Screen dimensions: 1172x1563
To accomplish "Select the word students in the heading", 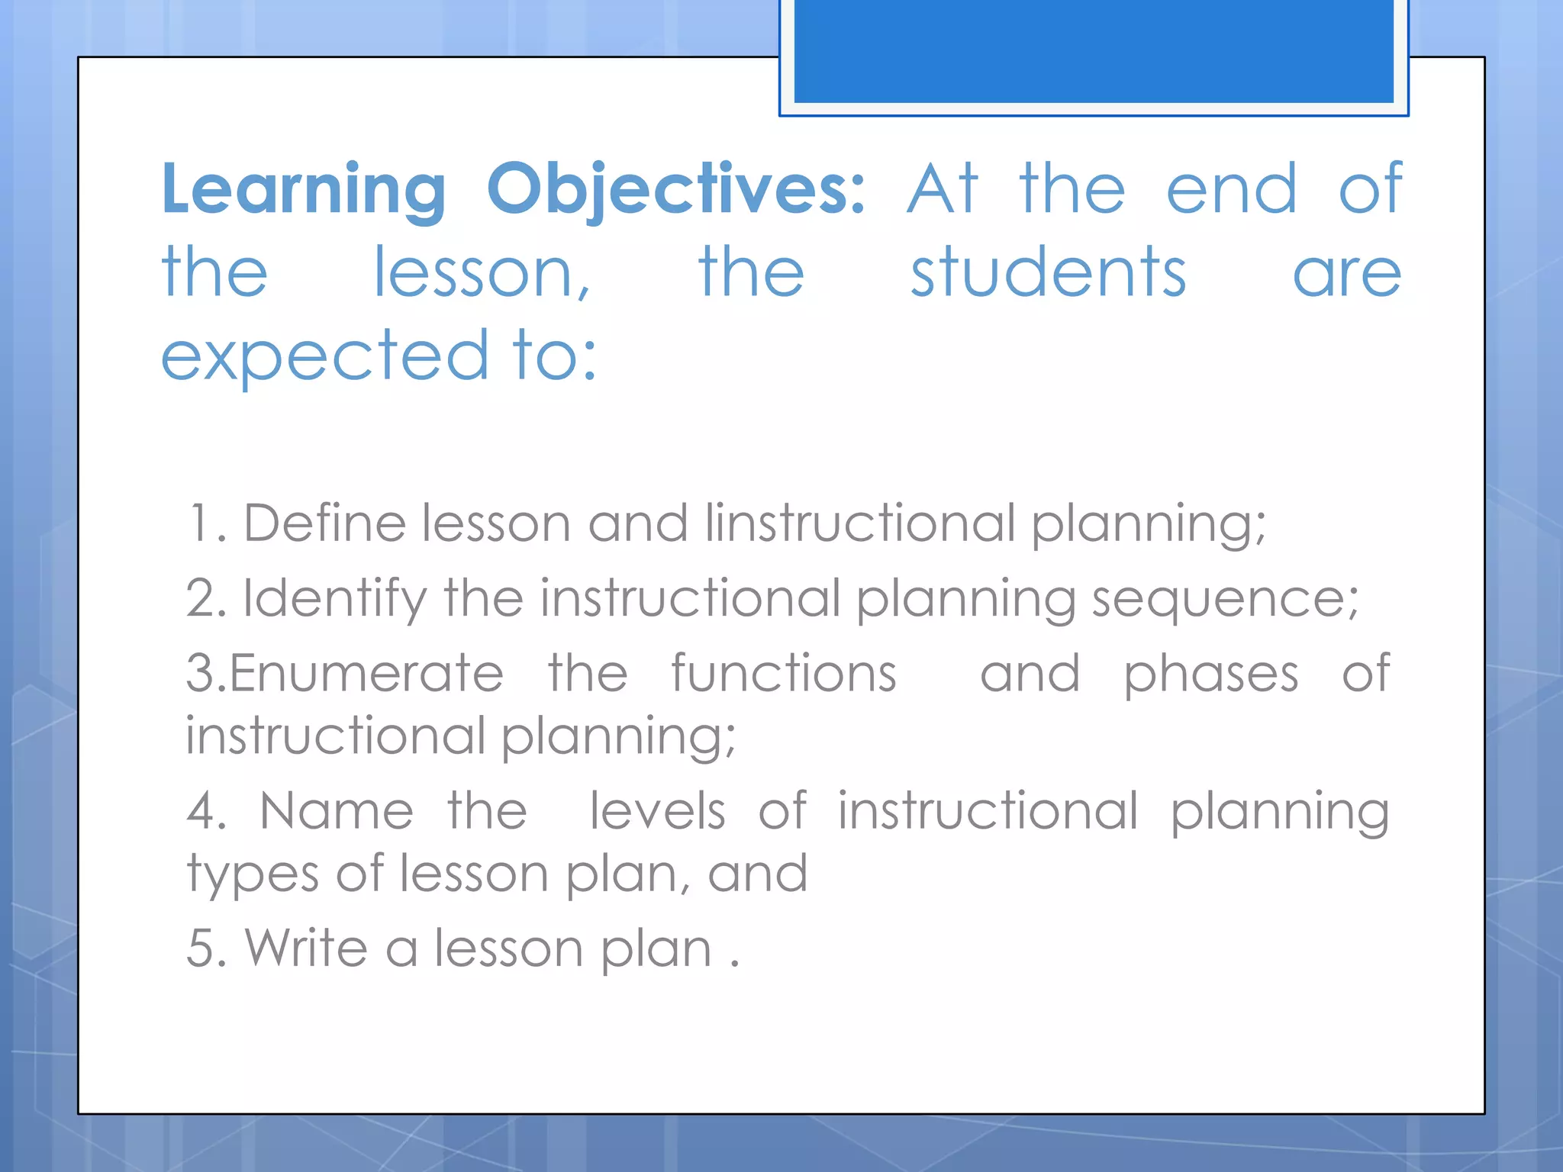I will [x=1048, y=272].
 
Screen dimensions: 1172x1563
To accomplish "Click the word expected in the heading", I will [x=324, y=356].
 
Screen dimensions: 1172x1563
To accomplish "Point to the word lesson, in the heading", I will [x=482, y=272].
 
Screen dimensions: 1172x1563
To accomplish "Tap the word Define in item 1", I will [x=324, y=523].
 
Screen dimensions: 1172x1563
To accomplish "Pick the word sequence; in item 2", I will [x=1225, y=598].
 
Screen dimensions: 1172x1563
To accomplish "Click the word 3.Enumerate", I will [x=345, y=673].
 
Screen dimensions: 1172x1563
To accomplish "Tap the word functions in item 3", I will [x=783, y=673].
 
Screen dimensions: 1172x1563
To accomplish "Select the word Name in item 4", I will [x=337, y=810].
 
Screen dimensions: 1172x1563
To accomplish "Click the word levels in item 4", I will [x=657, y=810].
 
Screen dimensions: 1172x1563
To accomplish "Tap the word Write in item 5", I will [x=306, y=948].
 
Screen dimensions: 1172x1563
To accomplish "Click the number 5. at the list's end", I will [x=206, y=948].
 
